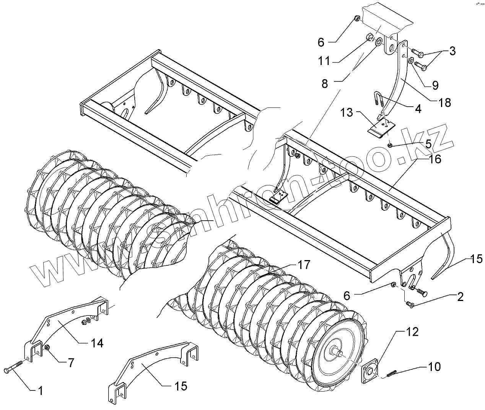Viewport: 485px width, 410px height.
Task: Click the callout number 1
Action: pos(40,391)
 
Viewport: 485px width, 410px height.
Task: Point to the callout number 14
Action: pos(97,343)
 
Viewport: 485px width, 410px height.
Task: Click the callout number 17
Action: pos(303,264)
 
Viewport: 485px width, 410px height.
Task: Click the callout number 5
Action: pos(427,144)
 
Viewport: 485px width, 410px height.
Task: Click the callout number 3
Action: pos(452,51)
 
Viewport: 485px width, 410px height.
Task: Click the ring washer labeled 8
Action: pos(379,41)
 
